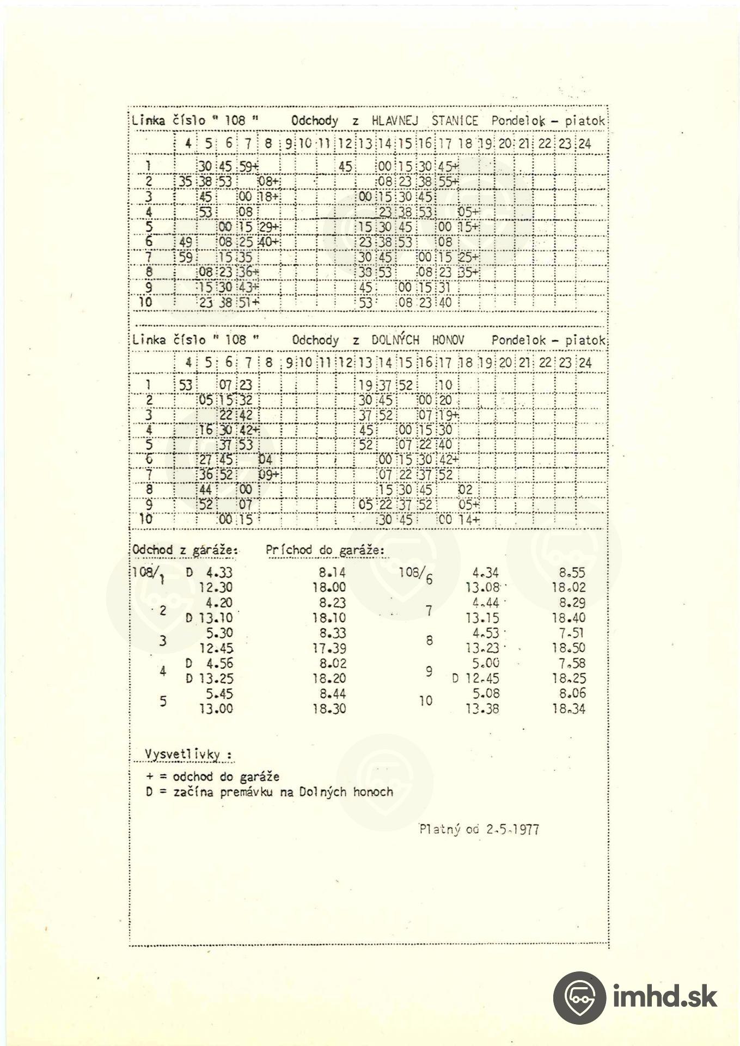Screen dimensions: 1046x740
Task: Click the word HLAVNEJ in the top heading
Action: pos(394,121)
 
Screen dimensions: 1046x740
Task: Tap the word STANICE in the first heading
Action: pos(455,121)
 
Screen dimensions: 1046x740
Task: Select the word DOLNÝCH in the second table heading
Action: pos(395,340)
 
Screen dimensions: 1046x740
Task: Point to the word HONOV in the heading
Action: pos(448,340)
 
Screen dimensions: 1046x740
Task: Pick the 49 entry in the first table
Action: pos(185,242)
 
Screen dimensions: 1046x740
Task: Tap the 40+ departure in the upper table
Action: pos(268,242)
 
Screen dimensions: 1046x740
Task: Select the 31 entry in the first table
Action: pos(445,287)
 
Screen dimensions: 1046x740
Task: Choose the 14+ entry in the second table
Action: pos(468,520)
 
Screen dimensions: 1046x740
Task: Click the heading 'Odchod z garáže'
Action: pos(185,550)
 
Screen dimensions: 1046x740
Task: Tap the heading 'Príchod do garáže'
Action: pos(325,550)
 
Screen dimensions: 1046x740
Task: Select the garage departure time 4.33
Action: pos(219,573)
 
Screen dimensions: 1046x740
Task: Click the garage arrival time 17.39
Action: pos(329,648)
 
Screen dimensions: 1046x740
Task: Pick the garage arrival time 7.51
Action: pos(571,633)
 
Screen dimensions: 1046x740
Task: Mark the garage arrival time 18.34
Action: pos(568,709)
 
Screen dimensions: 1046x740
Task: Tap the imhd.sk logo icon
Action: pos(579,997)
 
